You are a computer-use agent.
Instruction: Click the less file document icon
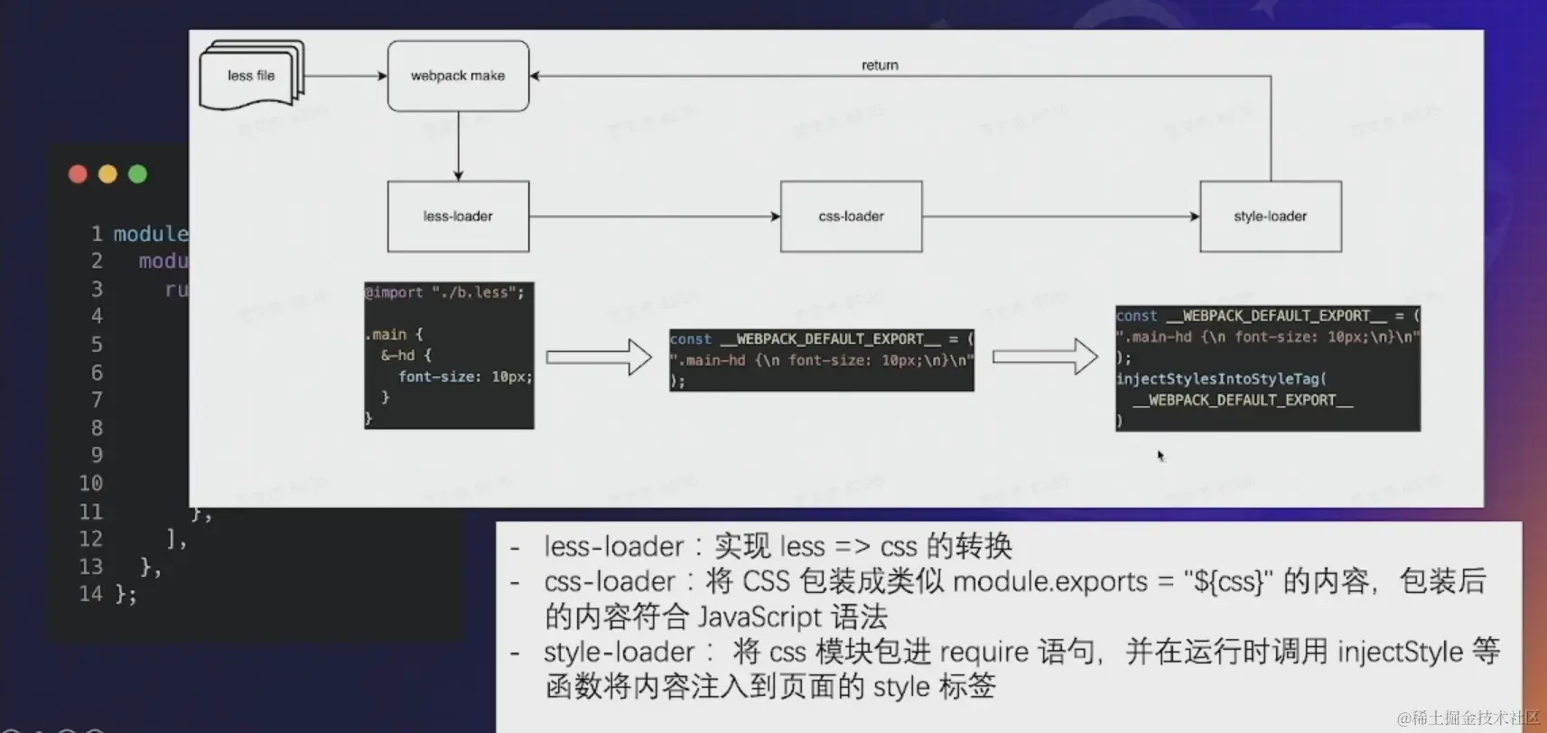[x=251, y=76]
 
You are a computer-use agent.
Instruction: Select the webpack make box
[x=458, y=76]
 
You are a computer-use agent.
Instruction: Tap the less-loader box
[x=458, y=217]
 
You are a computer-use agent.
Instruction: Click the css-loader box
[x=851, y=217]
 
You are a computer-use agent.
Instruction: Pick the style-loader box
[x=1270, y=217]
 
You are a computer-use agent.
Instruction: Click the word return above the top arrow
[x=880, y=65]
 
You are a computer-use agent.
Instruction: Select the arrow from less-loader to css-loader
[x=654, y=217]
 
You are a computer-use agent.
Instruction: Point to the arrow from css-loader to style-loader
[x=1060, y=217]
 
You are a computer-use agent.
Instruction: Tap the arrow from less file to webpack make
[x=346, y=76]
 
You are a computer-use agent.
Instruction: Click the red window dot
[x=78, y=174]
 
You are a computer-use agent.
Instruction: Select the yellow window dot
[x=107, y=174]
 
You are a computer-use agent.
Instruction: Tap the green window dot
[x=137, y=174]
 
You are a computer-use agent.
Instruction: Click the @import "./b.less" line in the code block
[x=444, y=292]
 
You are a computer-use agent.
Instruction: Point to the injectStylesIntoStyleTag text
[x=1221, y=379]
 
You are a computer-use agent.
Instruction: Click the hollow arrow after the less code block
[x=599, y=357]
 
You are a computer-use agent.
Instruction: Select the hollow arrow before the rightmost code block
[x=1045, y=357]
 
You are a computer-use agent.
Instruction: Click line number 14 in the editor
[x=90, y=594]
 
